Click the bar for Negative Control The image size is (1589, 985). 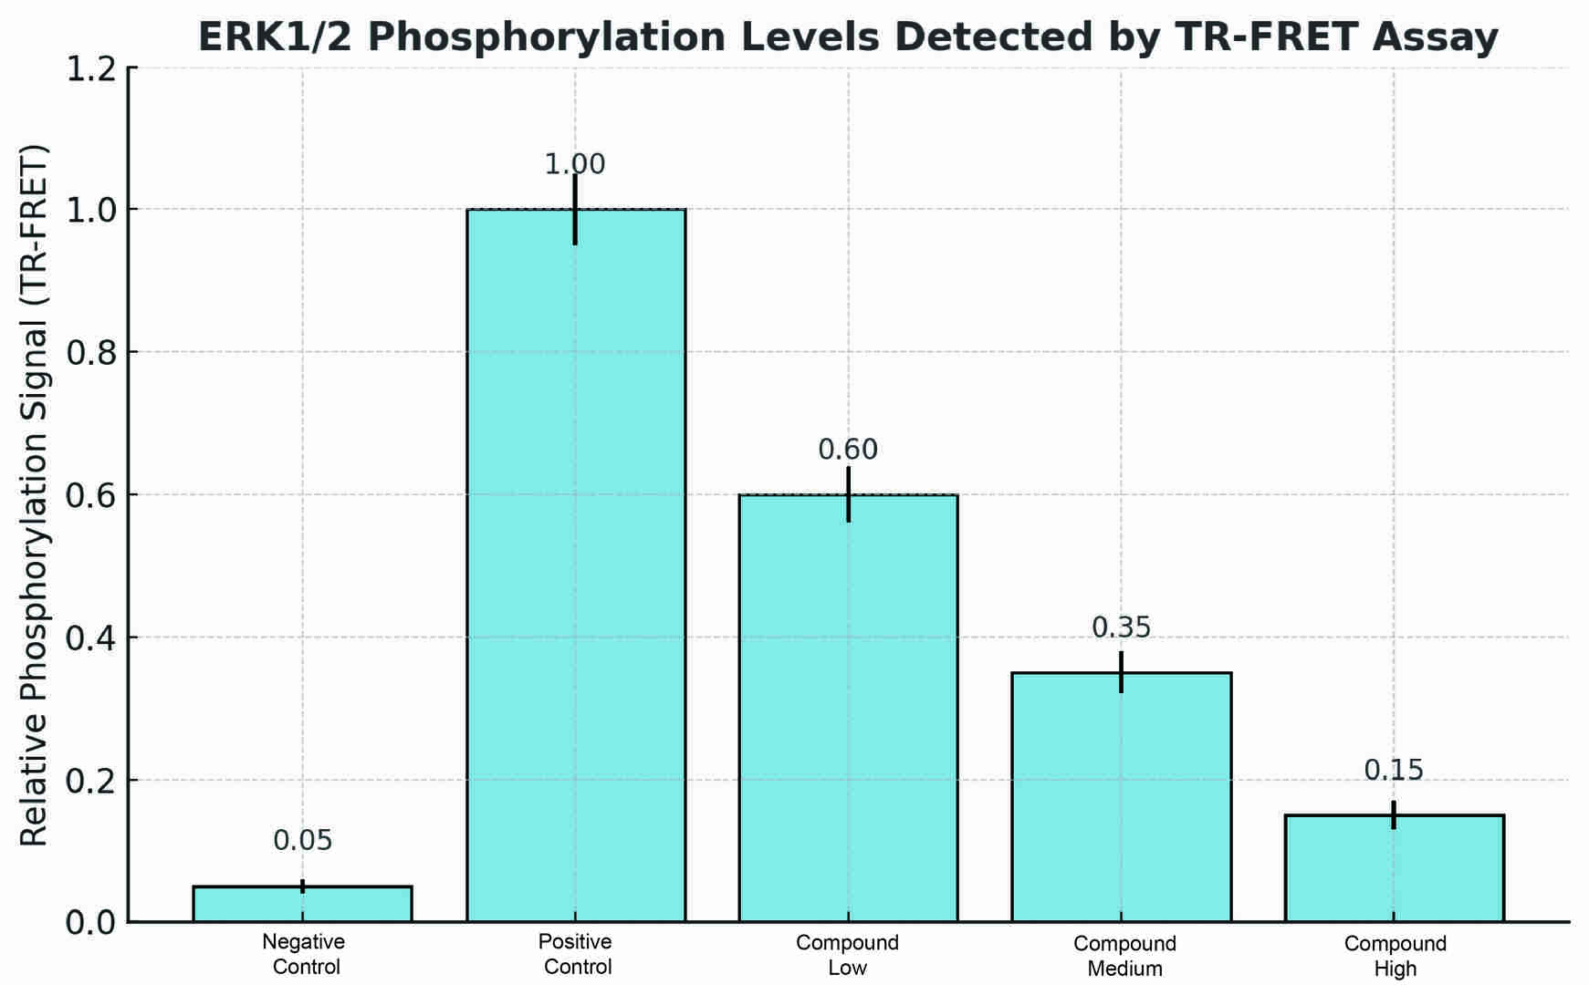(x=302, y=904)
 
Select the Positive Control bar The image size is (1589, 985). (x=575, y=565)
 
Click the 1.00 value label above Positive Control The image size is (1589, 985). (x=575, y=165)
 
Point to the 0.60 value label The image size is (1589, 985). (x=848, y=450)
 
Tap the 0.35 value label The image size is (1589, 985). (x=1122, y=627)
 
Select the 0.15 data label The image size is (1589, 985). (x=1394, y=771)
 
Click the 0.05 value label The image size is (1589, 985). (x=303, y=841)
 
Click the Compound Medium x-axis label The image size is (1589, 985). (x=1124, y=956)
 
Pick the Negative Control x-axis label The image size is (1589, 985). (x=304, y=954)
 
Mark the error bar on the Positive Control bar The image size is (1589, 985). (x=575, y=209)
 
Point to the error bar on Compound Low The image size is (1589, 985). (x=848, y=494)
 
